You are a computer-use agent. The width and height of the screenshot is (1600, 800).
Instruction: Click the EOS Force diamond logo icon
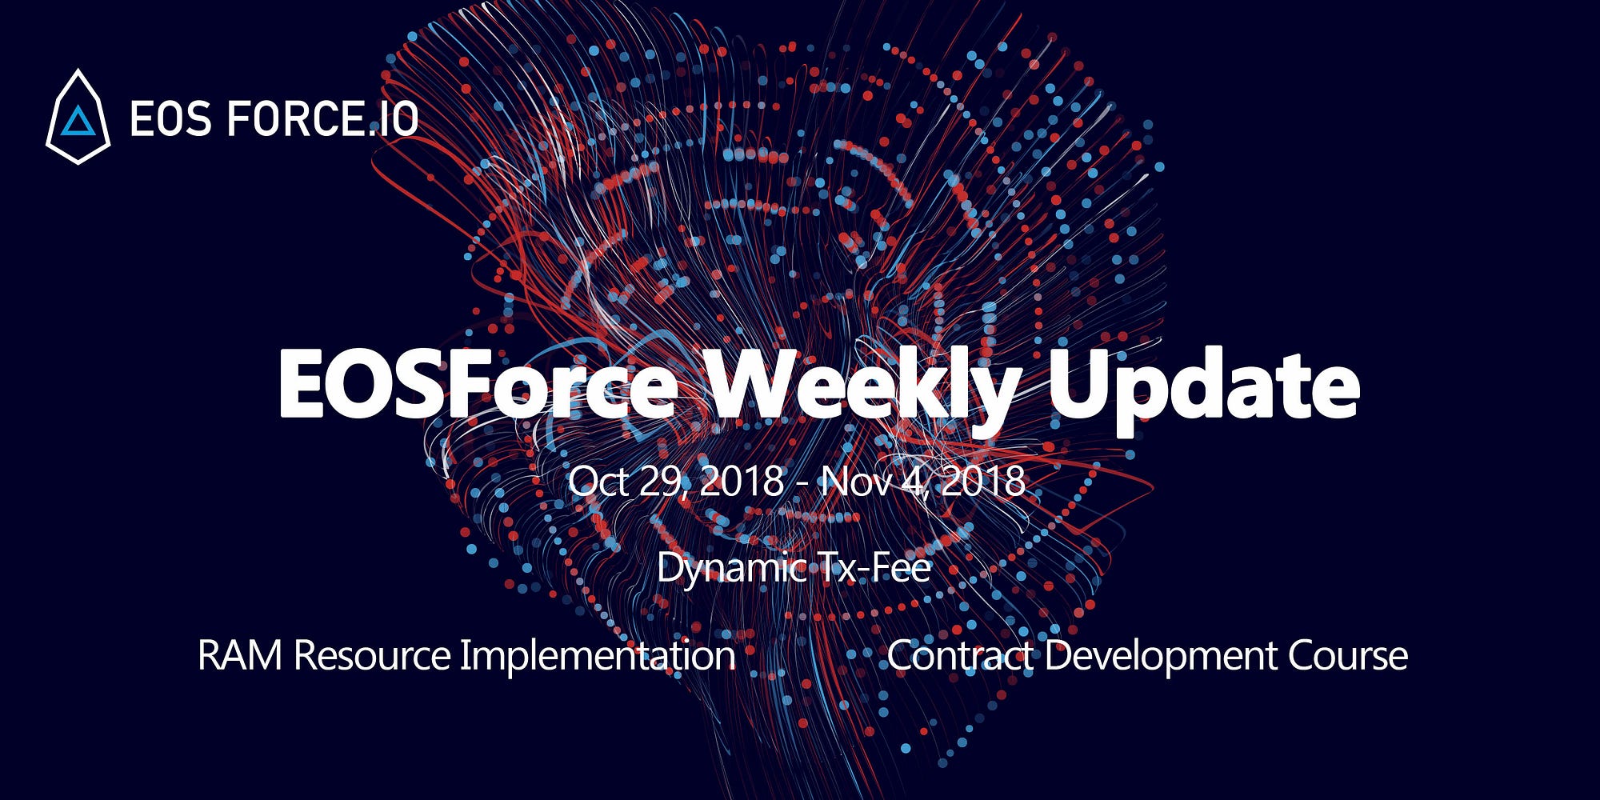tap(78, 117)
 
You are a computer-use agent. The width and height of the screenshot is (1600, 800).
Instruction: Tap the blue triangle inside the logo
tap(78, 121)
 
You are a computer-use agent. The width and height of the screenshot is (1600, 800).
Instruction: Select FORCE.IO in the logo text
tap(323, 120)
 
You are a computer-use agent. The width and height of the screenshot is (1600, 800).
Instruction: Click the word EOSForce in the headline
tap(477, 386)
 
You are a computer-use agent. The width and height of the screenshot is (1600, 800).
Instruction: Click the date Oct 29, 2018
tap(676, 482)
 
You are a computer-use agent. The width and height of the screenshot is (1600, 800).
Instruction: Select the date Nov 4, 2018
tap(923, 482)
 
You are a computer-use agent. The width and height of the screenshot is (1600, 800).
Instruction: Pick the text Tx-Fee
tap(874, 567)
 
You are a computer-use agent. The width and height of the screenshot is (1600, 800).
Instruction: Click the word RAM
tap(240, 655)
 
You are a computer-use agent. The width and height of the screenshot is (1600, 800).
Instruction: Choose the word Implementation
tap(598, 657)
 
